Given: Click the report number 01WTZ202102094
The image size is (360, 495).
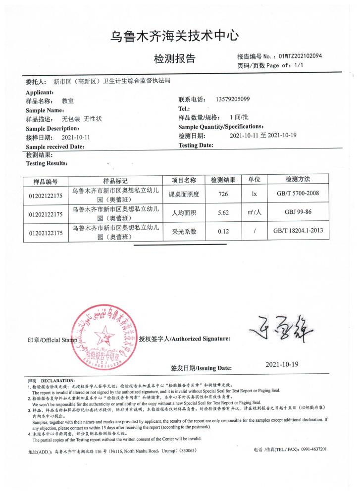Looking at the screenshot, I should click(x=300, y=56).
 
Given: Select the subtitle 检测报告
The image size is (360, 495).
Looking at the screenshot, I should click(x=175, y=59).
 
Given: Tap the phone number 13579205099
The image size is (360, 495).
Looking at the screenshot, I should click(x=233, y=99).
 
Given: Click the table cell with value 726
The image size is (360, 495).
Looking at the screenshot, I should click(x=223, y=195).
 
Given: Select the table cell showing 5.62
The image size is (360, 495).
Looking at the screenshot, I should click(x=223, y=213).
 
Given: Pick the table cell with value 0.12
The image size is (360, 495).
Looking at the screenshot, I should click(x=223, y=232).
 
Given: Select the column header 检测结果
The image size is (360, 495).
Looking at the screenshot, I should click(x=223, y=179).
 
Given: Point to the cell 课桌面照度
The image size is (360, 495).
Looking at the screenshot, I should click(x=184, y=195).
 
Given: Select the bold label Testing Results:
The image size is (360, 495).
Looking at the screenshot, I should click(x=47, y=163).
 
